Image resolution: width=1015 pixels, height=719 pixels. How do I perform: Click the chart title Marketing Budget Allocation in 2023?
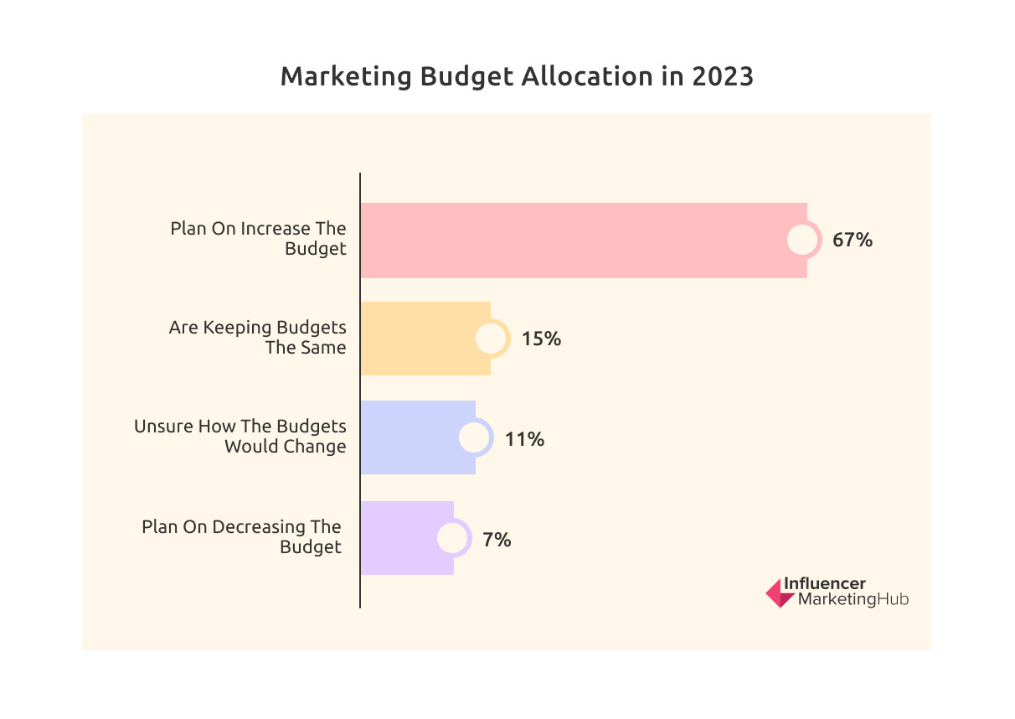click(517, 76)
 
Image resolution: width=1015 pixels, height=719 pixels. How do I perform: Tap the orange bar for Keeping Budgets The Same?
click(419, 339)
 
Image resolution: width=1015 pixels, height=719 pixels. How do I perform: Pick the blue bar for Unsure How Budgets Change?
click(410, 437)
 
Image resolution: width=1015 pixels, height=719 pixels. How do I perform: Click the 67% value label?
click(853, 241)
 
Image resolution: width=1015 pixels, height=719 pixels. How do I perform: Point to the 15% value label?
click(541, 339)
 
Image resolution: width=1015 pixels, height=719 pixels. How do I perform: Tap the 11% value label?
click(525, 438)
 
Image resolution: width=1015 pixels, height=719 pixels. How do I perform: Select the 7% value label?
click(497, 539)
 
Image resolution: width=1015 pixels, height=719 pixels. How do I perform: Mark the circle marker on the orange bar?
click(492, 339)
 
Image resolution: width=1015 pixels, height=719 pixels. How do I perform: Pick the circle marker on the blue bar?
click(476, 438)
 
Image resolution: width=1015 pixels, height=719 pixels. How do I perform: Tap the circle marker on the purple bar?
click(453, 538)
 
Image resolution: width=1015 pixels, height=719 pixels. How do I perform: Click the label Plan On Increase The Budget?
click(259, 239)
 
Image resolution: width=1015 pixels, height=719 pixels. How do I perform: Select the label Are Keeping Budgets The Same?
click(258, 338)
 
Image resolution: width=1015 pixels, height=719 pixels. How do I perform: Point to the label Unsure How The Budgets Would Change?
click(241, 437)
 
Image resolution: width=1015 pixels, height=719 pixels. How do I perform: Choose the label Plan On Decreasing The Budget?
click(243, 537)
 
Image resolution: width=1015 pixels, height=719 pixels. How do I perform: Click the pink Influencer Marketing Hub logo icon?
click(780, 592)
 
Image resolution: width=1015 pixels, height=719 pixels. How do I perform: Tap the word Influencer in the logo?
click(825, 584)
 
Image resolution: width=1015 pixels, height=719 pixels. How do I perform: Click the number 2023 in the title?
click(723, 76)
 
